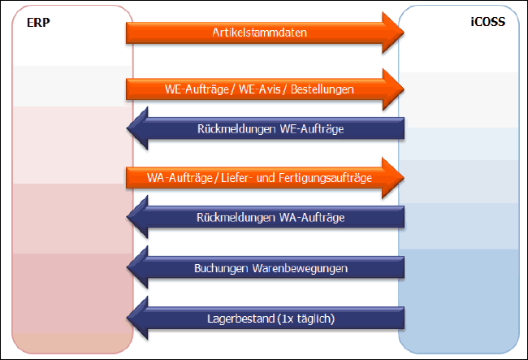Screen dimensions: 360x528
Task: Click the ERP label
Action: click(36, 22)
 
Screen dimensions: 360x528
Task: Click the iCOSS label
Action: click(490, 22)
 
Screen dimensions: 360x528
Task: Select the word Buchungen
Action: click(219, 267)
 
